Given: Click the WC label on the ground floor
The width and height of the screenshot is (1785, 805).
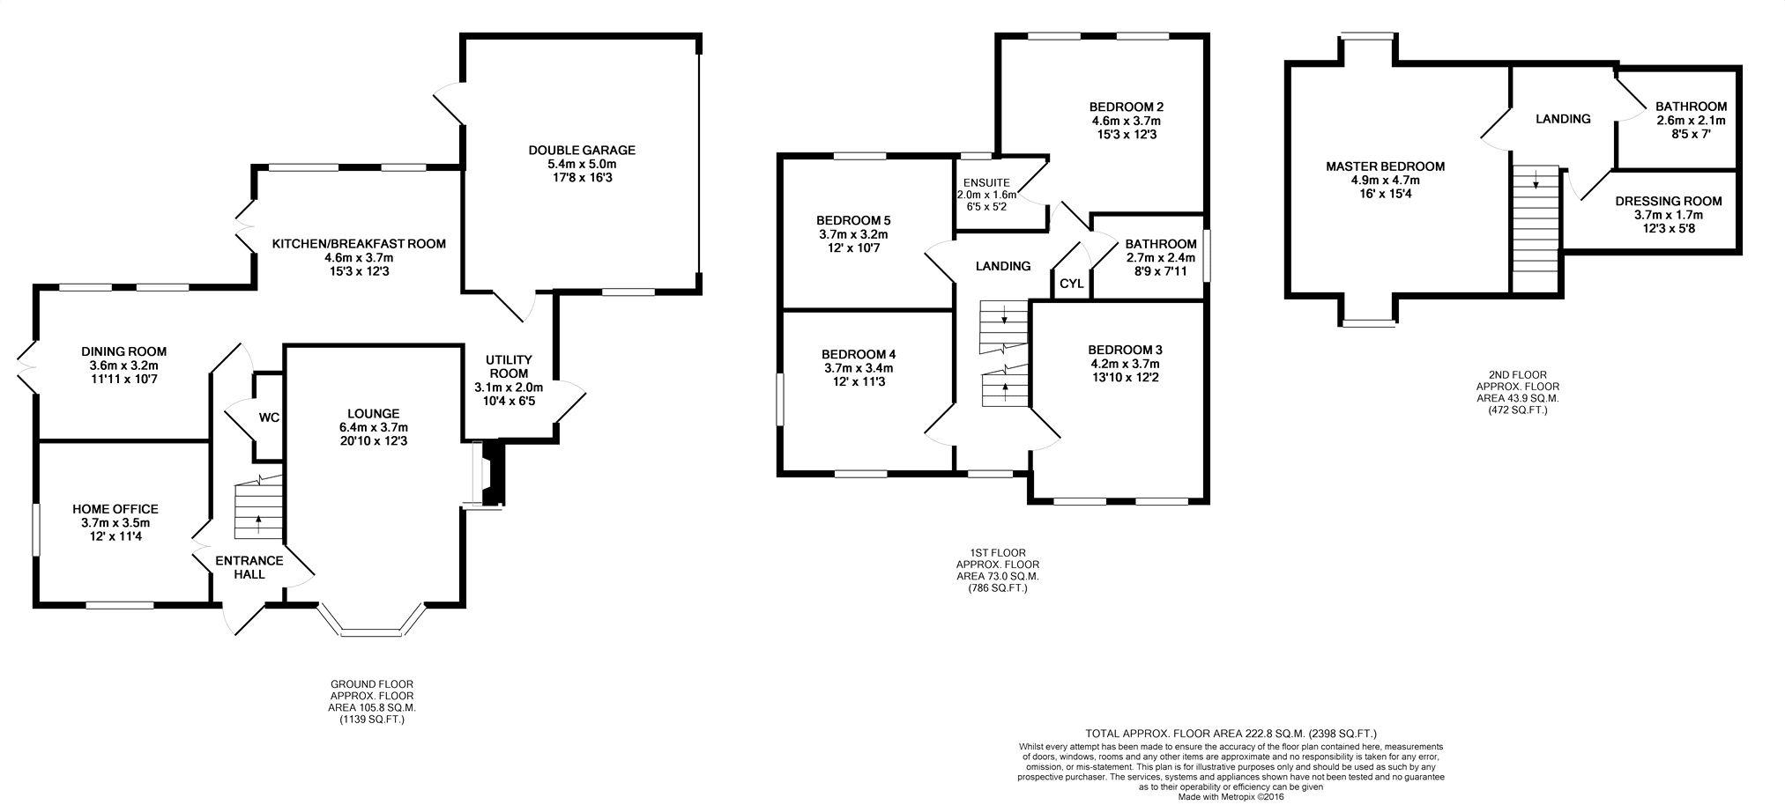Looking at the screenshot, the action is (x=269, y=417).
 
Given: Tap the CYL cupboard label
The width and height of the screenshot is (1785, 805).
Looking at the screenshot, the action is (x=1071, y=284).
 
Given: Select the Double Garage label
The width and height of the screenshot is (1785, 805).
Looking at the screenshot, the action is (x=582, y=151).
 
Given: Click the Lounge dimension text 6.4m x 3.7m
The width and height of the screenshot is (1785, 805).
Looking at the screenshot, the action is (x=374, y=428).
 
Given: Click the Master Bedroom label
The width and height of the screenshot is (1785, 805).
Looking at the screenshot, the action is (x=1386, y=166).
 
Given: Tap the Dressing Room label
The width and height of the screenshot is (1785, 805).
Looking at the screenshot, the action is (x=1669, y=201).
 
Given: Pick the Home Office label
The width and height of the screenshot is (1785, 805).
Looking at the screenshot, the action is (x=115, y=509).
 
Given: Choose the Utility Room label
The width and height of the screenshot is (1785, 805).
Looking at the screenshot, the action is (x=509, y=366).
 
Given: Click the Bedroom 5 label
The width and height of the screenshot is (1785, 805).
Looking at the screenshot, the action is (x=853, y=220).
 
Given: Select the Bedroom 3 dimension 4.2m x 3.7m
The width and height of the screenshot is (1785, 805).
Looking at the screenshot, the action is (x=1124, y=364).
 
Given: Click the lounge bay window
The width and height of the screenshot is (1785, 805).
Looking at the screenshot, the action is (x=371, y=620).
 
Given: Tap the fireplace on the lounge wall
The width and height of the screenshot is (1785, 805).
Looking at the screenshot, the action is (x=489, y=475).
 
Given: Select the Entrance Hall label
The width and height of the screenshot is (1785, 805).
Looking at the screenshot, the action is (x=249, y=567).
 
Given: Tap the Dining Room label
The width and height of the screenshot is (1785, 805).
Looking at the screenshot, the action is (x=123, y=351).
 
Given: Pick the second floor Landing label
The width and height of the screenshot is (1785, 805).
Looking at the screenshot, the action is (x=1563, y=119).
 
